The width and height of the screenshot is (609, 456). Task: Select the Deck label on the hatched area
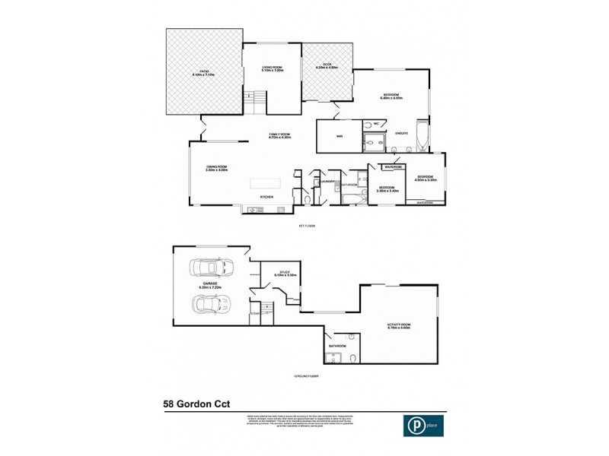point(327,67)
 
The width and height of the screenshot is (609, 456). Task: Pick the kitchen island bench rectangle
point(266,183)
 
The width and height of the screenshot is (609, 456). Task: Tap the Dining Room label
point(217,169)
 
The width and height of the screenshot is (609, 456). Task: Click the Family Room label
point(280,136)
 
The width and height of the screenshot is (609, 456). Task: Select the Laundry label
point(329,182)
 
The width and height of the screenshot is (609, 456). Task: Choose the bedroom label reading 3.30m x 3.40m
point(387,188)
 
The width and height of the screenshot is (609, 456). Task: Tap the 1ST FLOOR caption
point(307,226)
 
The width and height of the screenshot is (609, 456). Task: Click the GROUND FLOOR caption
point(307,376)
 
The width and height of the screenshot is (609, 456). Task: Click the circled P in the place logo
point(411,426)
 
